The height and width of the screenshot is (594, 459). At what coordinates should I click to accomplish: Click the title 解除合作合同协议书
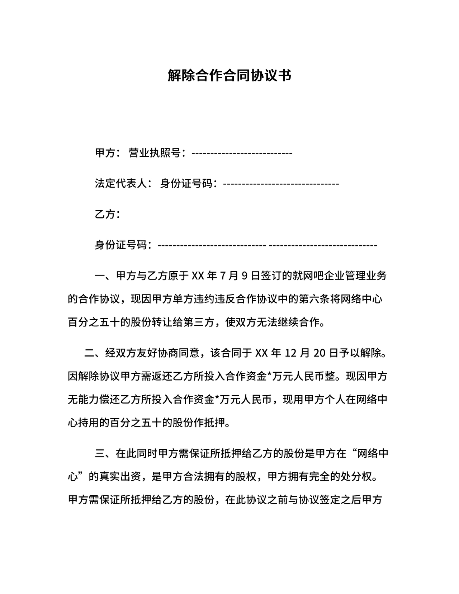(229, 76)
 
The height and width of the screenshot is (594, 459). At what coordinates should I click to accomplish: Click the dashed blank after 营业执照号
(242, 154)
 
